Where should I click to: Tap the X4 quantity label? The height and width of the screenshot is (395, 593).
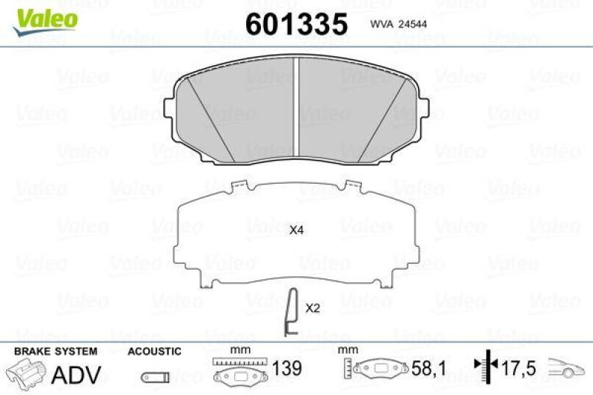point(296,230)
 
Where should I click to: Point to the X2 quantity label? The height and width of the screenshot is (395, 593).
point(312,308)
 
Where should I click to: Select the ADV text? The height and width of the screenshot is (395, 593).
point(76,374)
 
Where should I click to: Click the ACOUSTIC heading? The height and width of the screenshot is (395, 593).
point(154,351)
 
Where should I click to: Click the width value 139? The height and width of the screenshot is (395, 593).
point(285,369)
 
